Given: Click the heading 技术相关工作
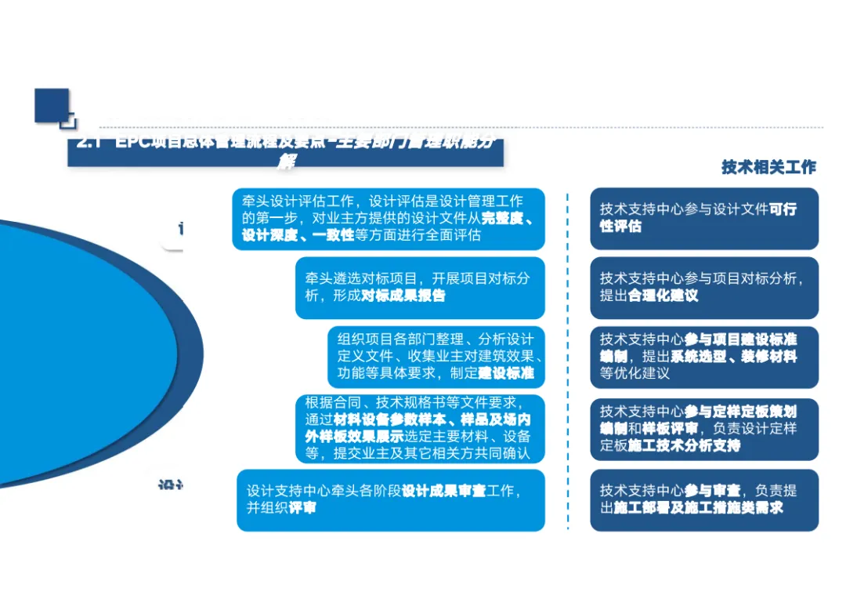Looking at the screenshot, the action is tap(768, 167).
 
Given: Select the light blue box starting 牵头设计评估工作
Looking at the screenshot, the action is tap(389, 218).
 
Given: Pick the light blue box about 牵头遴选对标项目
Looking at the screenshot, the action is tap(419, 287).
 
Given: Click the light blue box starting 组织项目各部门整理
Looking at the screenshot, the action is tap(436, 356).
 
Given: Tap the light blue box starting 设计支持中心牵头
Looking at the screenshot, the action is tap(390, 499).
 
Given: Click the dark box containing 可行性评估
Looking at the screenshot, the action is tap(703, 218).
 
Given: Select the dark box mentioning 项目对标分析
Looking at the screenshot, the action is tap(703, 287).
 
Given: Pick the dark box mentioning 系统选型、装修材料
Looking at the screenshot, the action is tap(703, 356).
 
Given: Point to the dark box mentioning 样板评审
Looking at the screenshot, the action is tap(703, 428).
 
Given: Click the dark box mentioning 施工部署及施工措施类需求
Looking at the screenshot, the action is tap(703, 499).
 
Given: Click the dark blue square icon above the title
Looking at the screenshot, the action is tap(53, 107).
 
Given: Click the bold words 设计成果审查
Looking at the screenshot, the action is tap(443, 491).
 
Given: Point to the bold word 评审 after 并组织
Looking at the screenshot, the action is tap(302, 508).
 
